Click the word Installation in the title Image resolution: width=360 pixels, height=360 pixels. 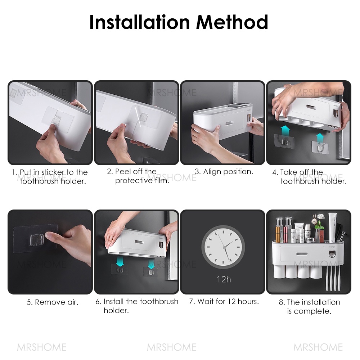click(x=140, y=22)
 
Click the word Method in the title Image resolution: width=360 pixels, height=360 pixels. click(x=232, y=22)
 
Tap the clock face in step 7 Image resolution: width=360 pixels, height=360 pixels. click(x=223, y=247)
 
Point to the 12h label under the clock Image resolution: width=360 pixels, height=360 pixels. click(x=224, y=279)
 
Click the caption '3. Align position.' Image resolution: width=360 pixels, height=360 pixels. click(x=224, y=171)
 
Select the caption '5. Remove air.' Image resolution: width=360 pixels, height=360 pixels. click(x=53, y=302)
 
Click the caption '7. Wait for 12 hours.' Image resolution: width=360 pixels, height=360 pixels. click(x=224, y=301)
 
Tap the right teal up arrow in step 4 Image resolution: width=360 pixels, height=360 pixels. click(x=320, y=138)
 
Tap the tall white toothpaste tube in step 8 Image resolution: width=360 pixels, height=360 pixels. click(x=332, y=228)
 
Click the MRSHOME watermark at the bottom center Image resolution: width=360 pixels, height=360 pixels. click(x=171, y=347)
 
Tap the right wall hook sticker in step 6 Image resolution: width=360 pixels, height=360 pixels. click(x=150, y=272)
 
